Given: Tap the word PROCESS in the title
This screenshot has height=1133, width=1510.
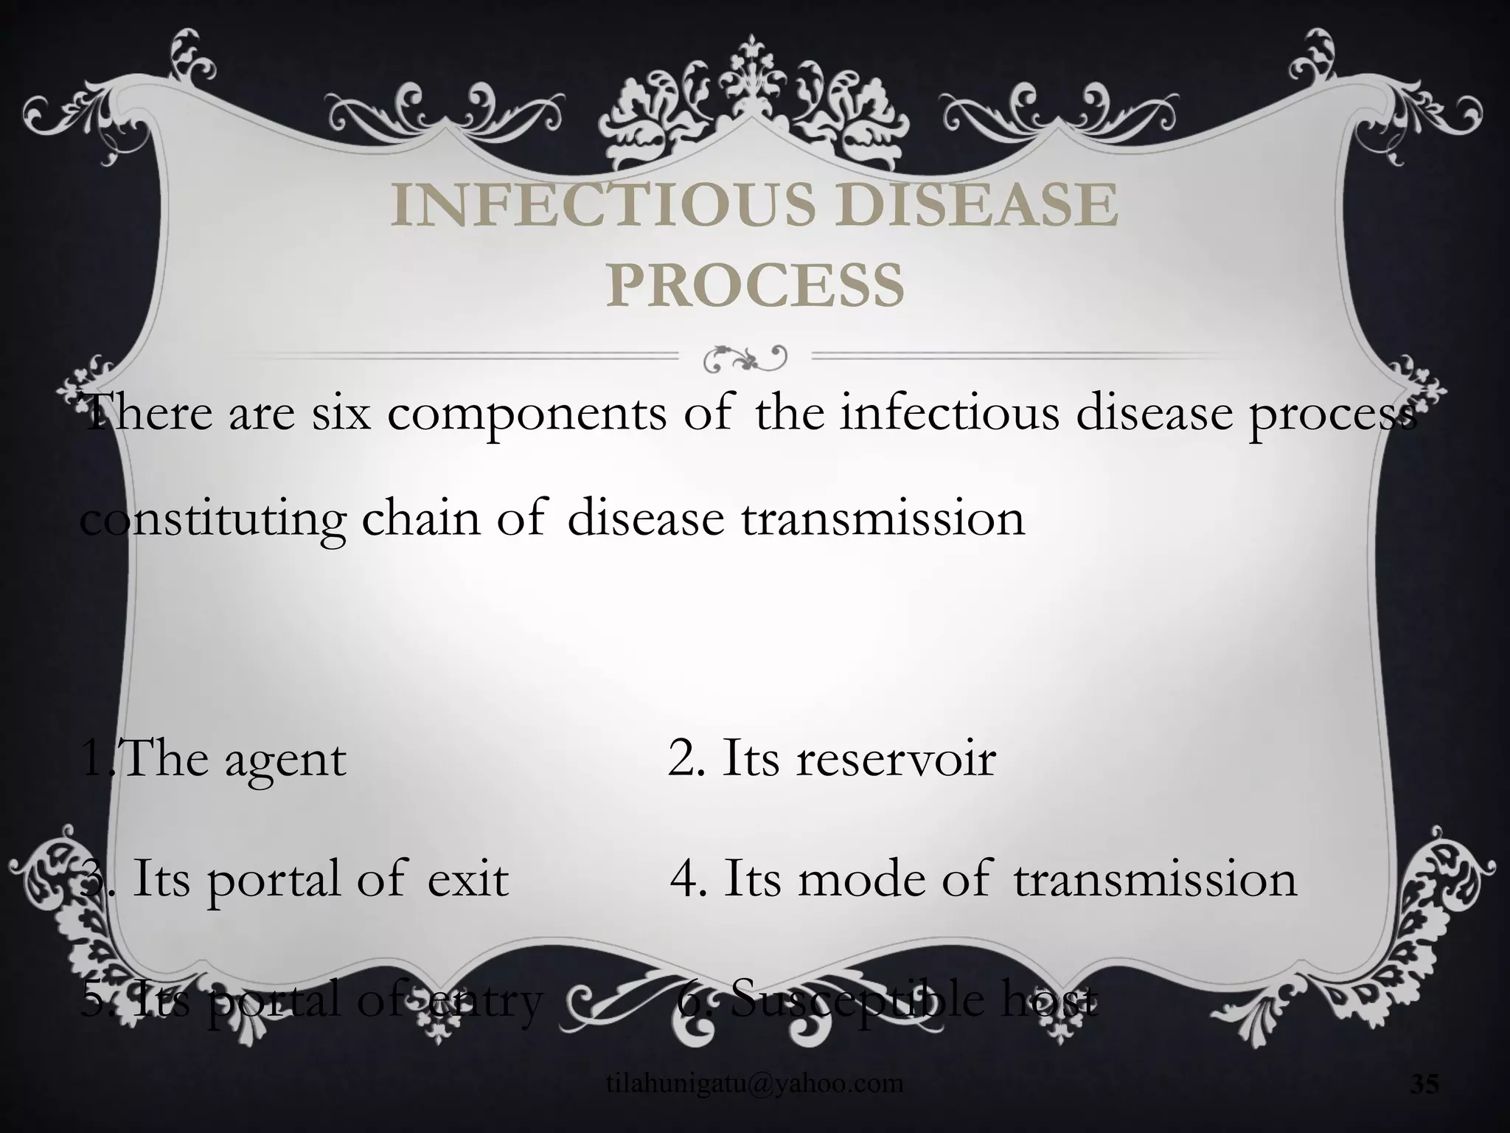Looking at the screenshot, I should point(755,285).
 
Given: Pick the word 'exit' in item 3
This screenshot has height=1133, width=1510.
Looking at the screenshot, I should point(468,879).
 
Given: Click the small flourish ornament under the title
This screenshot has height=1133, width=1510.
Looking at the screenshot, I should point(745,357).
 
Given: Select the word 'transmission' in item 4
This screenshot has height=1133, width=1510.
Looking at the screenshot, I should point(1155,879).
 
